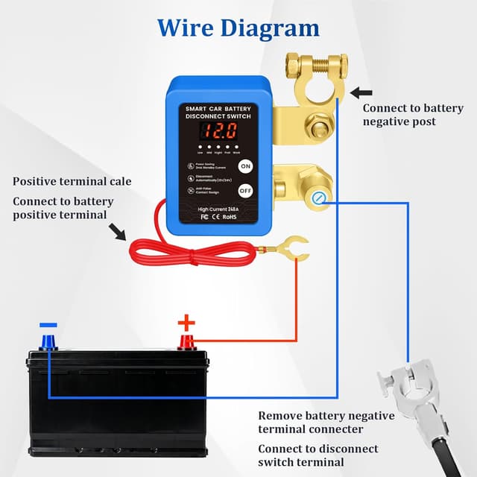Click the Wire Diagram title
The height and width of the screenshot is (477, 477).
pyautogui.click(x=238, y=28)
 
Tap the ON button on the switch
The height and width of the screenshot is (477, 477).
pyautogui.click(x=245, y=166)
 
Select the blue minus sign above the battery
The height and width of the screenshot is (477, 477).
pyautogui.click(x=48, y=326)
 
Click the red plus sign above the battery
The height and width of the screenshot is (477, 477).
pyautogui.click(x=186, y=323)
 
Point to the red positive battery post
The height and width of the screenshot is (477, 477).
pyautogui.click(x=186, y=342)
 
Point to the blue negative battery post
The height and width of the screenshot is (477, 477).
pyautogui.click(x=49, y=343)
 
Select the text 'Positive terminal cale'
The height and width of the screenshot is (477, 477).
pyautogui.click(x=72, y=181)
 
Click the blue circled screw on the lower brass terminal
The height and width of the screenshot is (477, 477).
pyautogui.click(x=320, y=197)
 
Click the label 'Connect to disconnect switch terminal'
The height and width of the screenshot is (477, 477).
pyautogui.click(x=318, y=455)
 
